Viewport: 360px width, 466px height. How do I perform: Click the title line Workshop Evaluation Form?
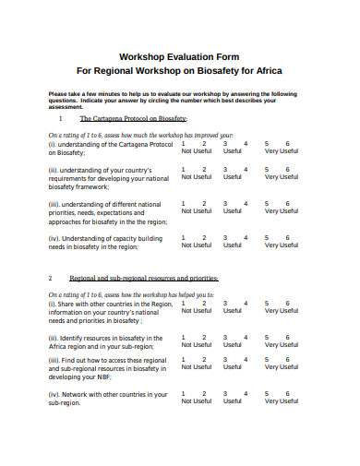(179, 54)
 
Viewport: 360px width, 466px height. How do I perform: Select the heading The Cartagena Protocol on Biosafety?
(134, 119)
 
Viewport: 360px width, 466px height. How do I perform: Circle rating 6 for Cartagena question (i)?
(288, 144)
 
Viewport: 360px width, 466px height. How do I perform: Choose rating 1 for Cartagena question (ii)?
(185, 169)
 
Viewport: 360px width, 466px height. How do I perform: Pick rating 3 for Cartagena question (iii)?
(224, 203)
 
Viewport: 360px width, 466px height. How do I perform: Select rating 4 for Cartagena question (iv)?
(246, 237)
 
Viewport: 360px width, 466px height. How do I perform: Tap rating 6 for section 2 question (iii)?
(288, 359)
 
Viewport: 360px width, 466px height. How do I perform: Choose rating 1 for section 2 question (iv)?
(185, 393)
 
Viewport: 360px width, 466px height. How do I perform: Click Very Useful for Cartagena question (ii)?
(282, 177)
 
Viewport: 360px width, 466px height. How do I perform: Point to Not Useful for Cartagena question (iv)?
(196, 245)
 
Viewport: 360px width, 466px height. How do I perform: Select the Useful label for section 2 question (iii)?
(232, 367)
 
